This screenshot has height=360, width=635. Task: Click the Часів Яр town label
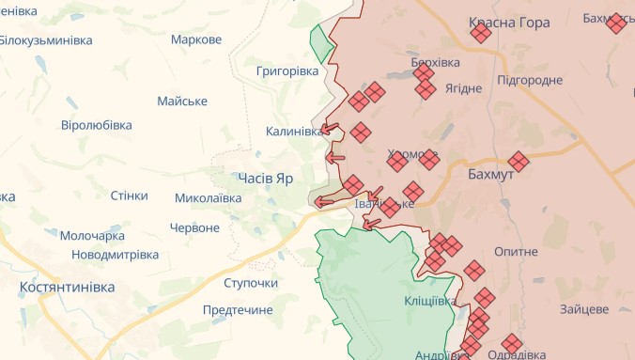266,178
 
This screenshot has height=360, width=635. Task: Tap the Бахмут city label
490,175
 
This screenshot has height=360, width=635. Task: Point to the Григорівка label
287,70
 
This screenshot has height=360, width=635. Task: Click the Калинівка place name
294,132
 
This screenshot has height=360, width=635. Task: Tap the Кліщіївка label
430,301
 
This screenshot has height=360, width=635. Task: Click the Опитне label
515,252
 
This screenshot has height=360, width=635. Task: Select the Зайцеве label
584,308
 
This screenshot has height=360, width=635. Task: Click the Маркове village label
196,39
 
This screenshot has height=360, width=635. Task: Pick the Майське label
182,102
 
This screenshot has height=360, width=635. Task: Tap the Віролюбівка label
96,125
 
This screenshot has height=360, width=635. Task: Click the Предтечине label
238,310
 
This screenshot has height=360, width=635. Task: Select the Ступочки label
251,283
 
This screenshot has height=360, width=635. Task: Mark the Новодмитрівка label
116,255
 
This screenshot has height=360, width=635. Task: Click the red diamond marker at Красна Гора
481,34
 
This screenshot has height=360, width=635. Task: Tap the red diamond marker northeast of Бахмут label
518,161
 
